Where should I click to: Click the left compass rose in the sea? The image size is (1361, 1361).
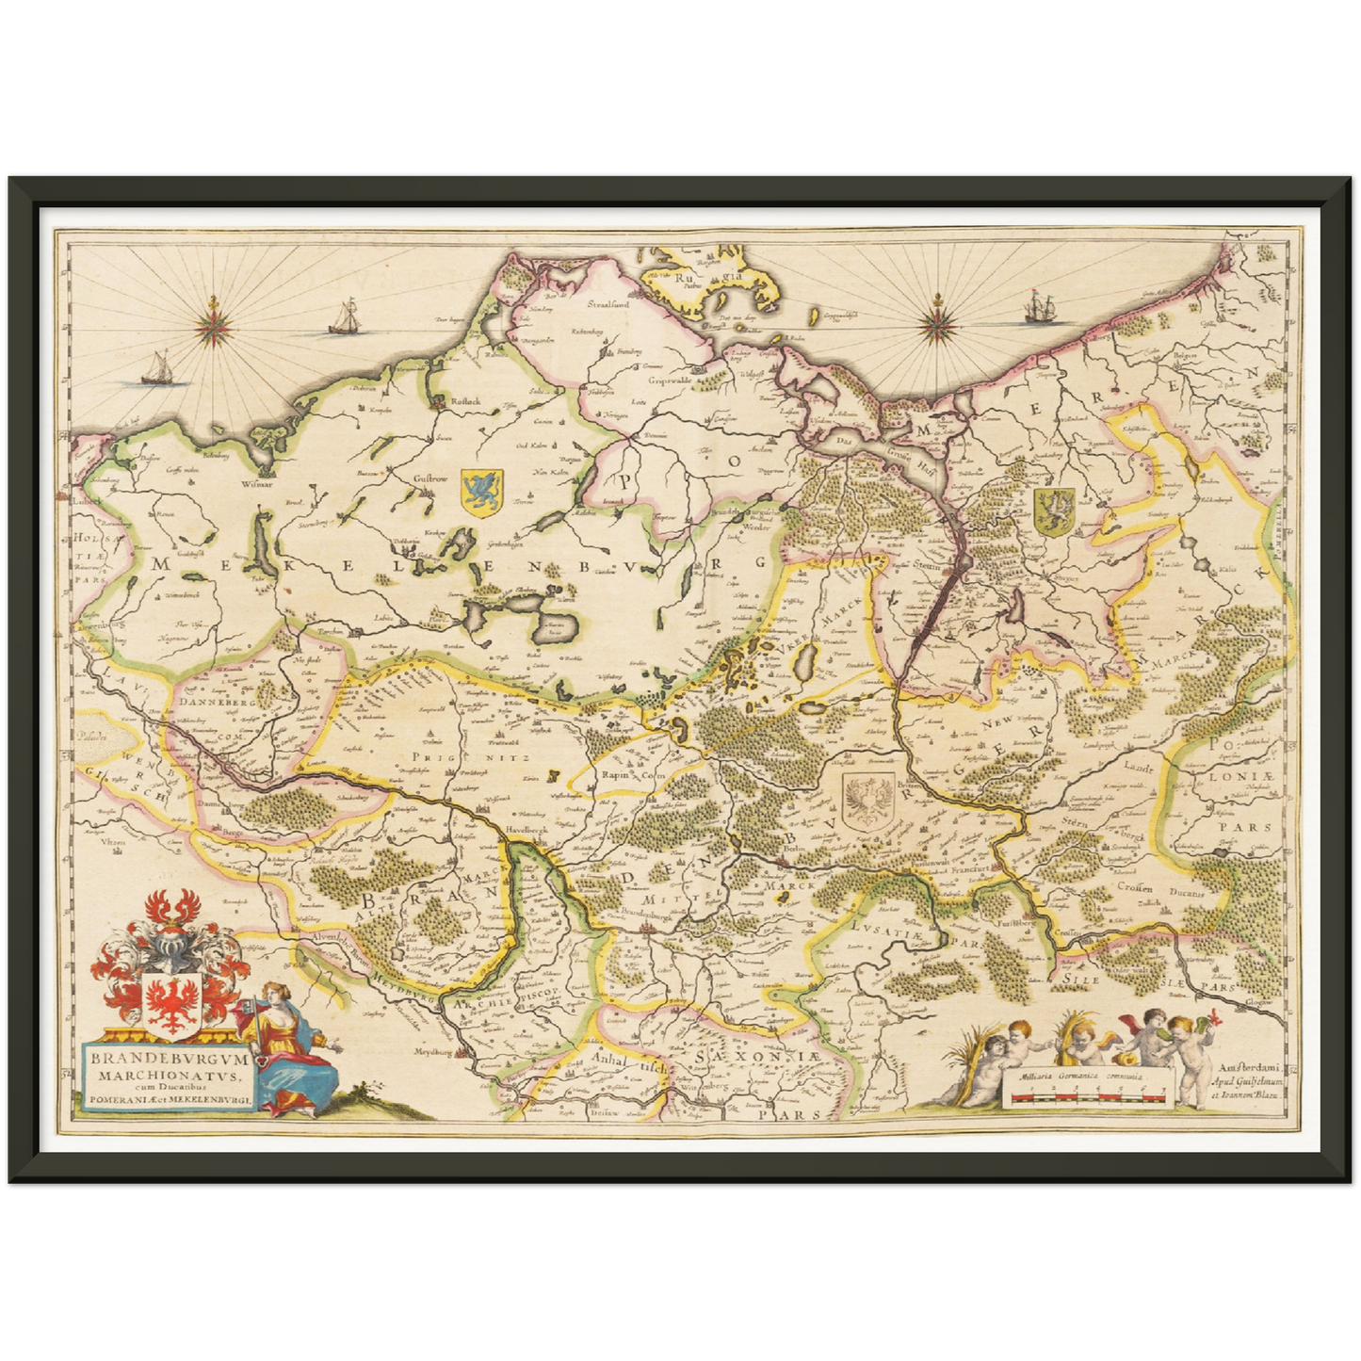216,327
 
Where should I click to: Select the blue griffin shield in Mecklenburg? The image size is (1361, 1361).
481,492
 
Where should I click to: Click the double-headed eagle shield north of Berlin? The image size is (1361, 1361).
864,804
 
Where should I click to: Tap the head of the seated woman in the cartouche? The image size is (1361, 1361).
272,991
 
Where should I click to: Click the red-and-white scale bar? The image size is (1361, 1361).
1088,1096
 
